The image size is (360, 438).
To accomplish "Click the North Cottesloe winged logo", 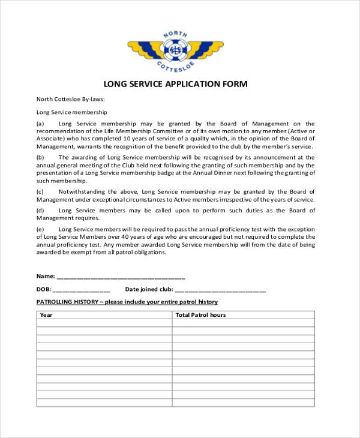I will tap(175, 49).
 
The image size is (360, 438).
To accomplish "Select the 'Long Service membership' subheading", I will tap(71, 112).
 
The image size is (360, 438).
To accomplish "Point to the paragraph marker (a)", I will tap(40, 124).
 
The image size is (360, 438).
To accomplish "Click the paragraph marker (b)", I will tap(40, 157).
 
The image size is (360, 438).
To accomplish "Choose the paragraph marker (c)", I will tap(40, 191).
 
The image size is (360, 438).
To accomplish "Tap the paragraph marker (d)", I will tap(40, 210).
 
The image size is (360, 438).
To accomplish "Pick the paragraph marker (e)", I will tap(40, 229).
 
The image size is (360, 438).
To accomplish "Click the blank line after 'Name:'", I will tap(121, 277).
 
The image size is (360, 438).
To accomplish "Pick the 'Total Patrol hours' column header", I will tap(200, 314).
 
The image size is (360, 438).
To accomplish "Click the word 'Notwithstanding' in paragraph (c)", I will tap(79, 191).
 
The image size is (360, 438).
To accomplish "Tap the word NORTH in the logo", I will tap(175, 33).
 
